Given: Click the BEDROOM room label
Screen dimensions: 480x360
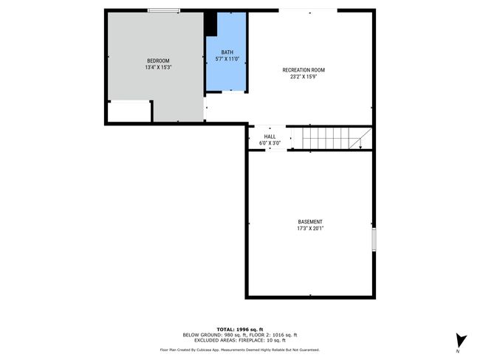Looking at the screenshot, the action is pos(158,61).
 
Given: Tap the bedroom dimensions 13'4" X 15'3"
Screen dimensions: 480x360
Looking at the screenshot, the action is pos(158,67).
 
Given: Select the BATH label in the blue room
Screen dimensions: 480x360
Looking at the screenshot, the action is pos(227,52).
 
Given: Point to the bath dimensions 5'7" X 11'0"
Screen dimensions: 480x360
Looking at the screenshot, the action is pos(227,59).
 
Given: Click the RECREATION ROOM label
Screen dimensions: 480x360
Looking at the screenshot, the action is pos(304,70).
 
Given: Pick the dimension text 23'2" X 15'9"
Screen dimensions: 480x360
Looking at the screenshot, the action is pos(304,77).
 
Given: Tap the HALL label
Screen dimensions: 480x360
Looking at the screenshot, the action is pos(270,136).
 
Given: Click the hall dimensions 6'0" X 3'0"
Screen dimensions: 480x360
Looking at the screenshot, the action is pos(270,143).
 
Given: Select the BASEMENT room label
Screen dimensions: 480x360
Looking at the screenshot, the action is pos(310,222).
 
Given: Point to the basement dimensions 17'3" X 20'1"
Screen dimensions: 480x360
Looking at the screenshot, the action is pos(310,229).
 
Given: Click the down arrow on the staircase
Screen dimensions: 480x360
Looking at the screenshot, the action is pos(360,144).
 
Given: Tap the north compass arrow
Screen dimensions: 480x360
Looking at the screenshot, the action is pos(461,340).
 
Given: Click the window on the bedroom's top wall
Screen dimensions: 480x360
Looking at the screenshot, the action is pos(164,11).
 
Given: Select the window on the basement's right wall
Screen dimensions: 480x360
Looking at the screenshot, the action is pos(374,240).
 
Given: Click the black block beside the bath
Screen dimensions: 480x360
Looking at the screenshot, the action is pos(210,24).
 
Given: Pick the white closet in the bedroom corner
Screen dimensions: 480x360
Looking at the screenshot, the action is pos(129,112).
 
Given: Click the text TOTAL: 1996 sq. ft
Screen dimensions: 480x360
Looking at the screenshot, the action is pos(240,330).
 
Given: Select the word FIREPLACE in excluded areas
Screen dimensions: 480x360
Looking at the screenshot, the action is pos(250,340).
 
